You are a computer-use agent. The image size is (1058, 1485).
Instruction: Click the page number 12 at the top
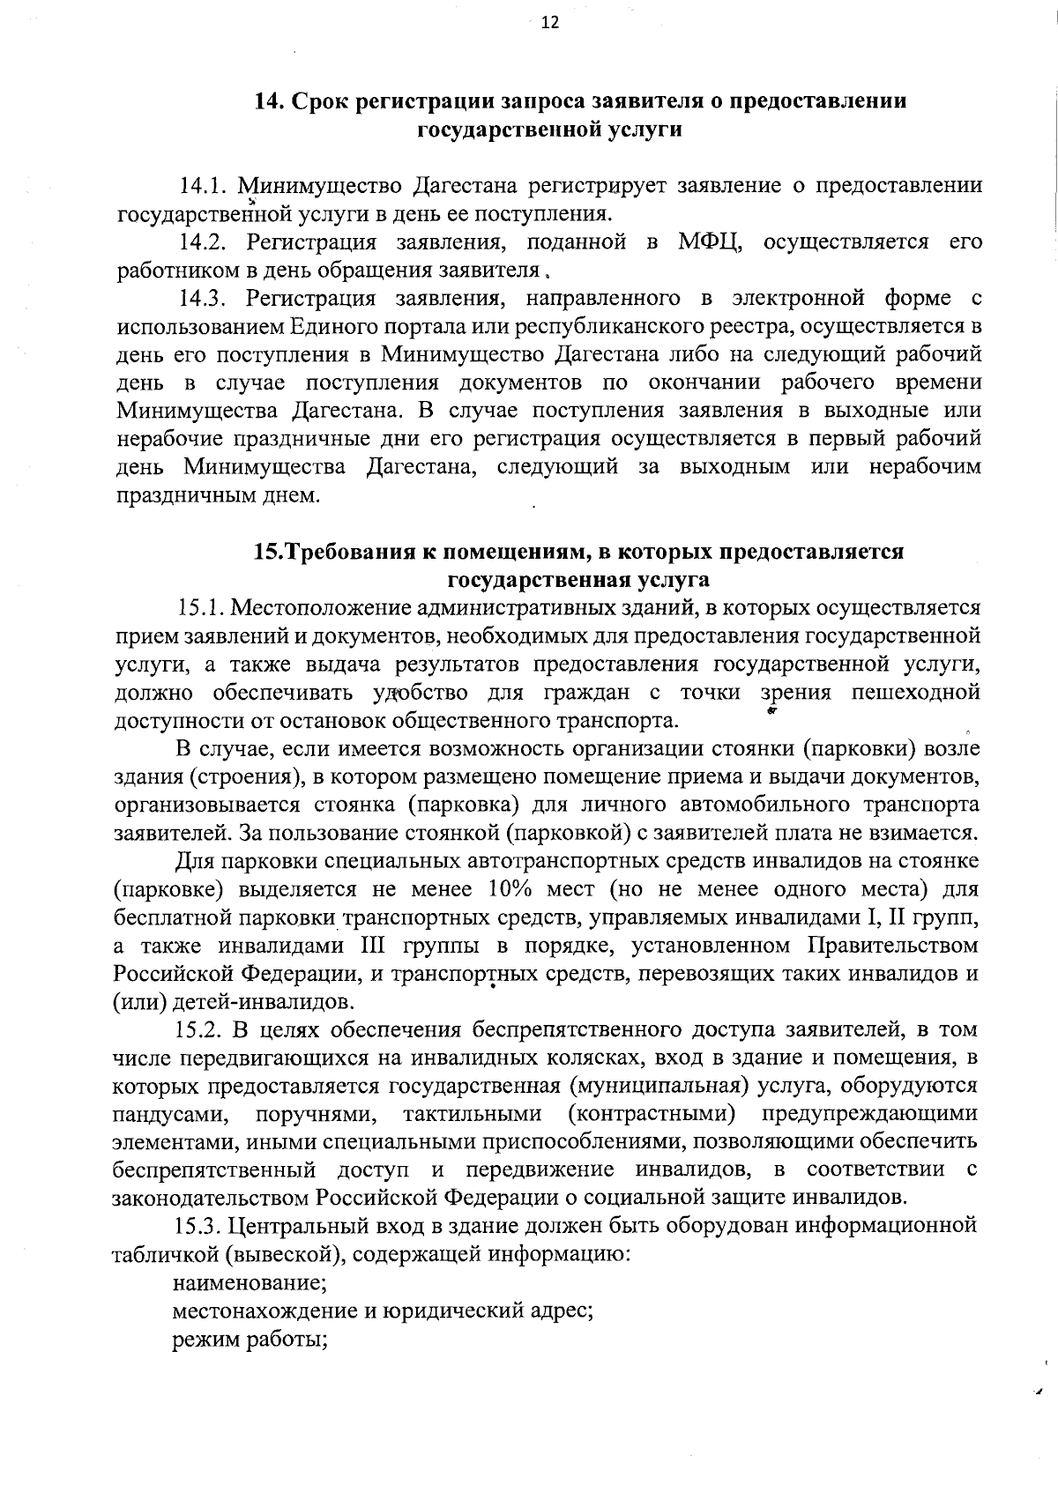click(550, 24)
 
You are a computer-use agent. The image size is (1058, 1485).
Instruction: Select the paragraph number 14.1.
click(200, 186)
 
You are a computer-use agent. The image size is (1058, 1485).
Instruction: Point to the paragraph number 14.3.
click(200, 298)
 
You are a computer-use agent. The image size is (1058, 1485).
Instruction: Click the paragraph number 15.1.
click(200, 608)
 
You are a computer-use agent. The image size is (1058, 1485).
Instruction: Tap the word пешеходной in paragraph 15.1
click(916, 693)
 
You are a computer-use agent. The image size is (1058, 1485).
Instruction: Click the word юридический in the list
click(458, 1311)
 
